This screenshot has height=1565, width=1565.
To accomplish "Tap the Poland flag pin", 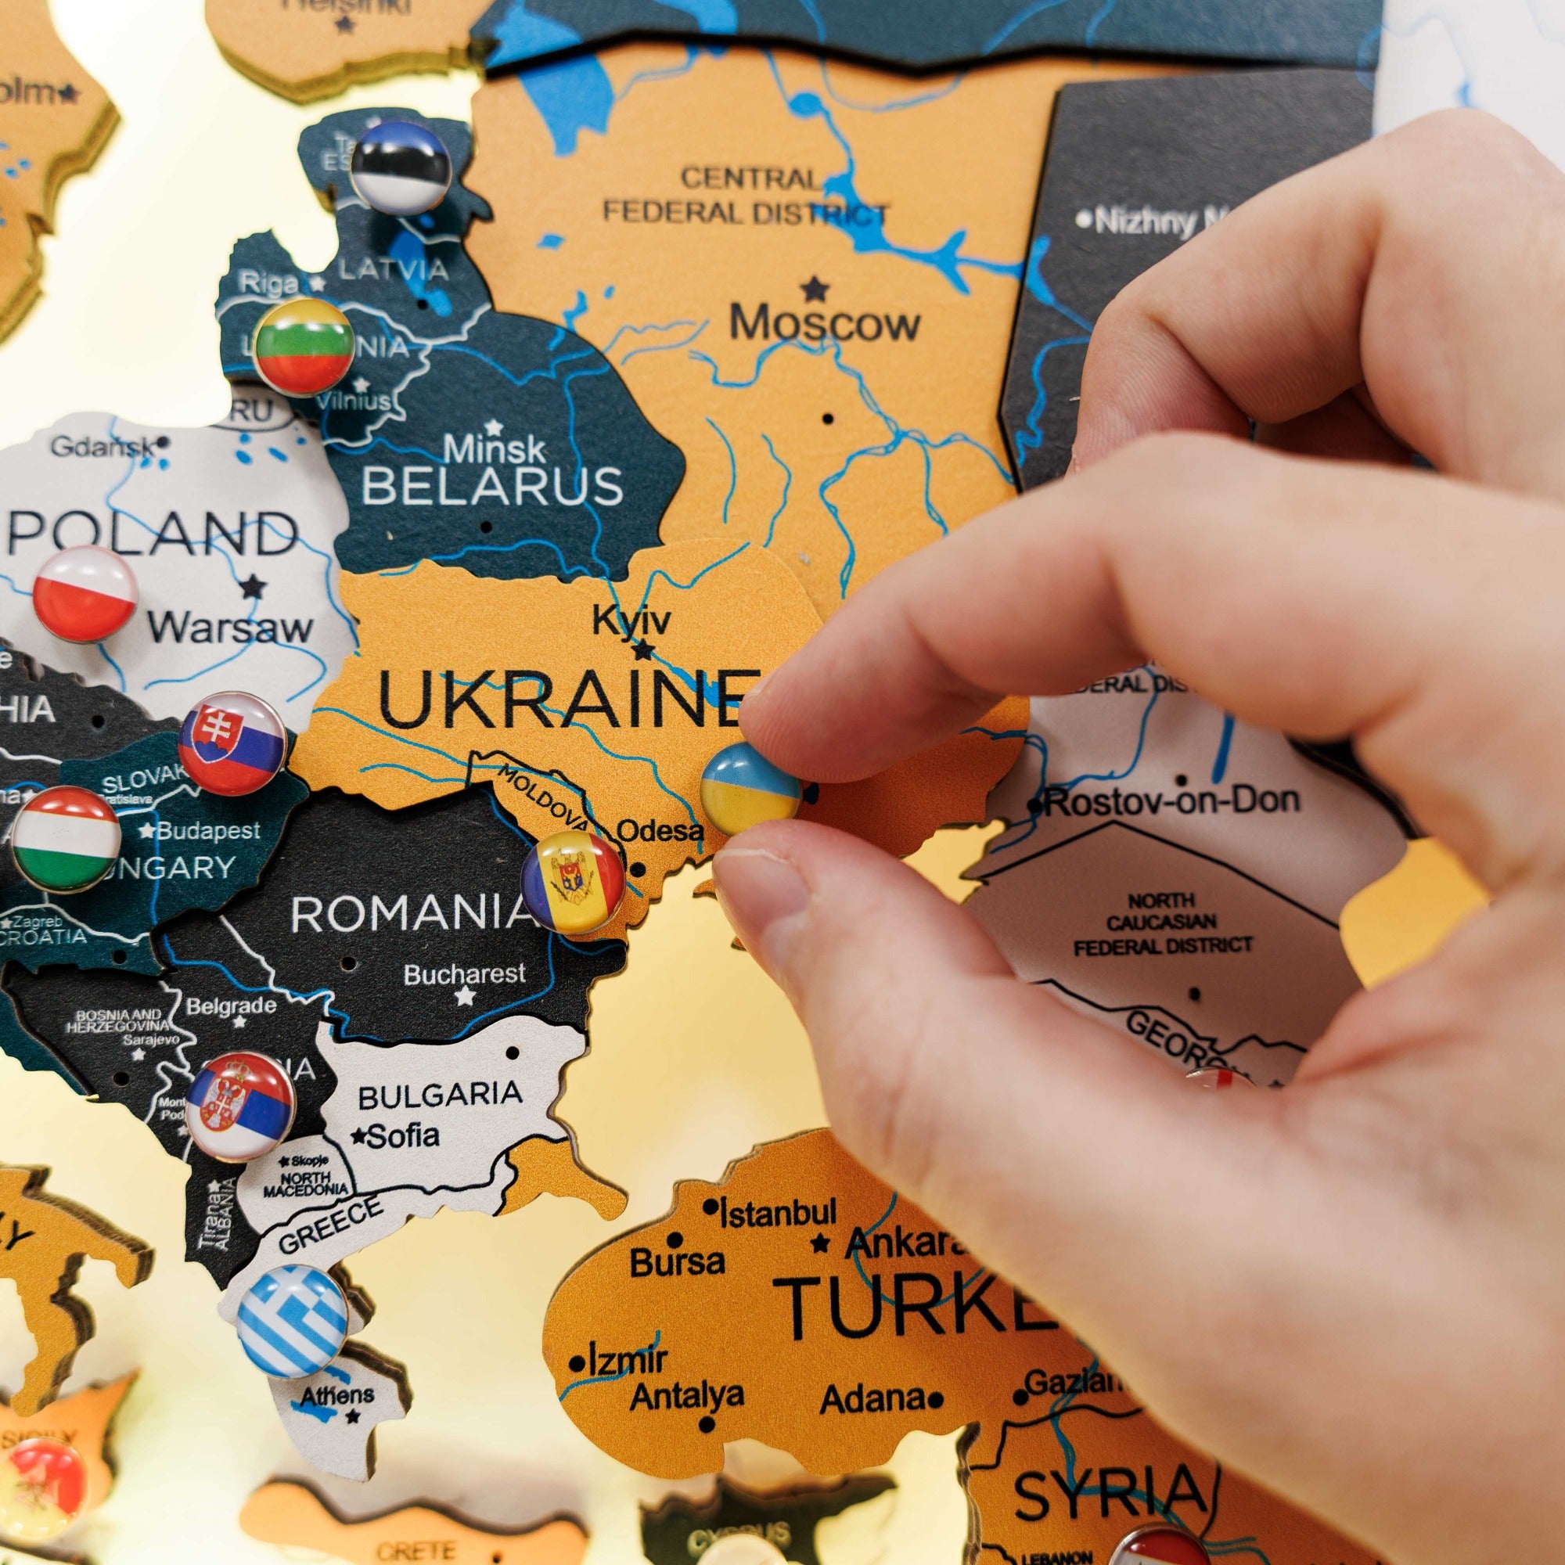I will pos(86,595).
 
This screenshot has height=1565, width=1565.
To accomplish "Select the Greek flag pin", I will pos(293,1320).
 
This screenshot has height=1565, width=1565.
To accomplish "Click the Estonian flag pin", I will pos(401,167).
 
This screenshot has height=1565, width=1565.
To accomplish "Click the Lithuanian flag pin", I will pos(304,347).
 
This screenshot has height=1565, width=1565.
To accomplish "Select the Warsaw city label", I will pos(230,628).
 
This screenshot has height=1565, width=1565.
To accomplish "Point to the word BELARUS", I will pos(492,487).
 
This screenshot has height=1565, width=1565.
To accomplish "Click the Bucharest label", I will pos(465,973).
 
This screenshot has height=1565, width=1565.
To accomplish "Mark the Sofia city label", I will pos(402,1135).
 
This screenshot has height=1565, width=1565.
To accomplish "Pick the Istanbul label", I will pos(778,1213).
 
